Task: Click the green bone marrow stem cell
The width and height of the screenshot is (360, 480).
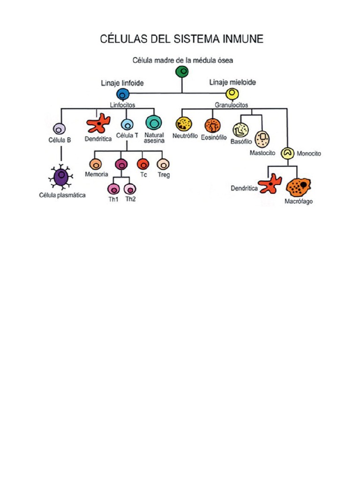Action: coord(182,72)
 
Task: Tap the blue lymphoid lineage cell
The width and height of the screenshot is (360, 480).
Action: coord(123,94)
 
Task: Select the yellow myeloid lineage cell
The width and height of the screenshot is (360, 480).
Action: coord(231,94)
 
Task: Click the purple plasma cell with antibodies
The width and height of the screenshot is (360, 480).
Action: coord(62,178)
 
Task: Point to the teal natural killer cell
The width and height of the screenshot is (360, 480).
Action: coord(153,123)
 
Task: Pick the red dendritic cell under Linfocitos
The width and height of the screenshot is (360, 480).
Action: coord(98,124)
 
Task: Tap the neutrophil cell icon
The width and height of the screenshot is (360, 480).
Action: coord(184,124)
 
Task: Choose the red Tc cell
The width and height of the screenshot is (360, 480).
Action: coord(142,164)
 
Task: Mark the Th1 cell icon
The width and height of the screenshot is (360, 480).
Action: coord(113,189)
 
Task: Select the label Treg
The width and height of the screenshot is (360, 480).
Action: coord(164,175)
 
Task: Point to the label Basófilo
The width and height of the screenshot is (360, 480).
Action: coord(241,142)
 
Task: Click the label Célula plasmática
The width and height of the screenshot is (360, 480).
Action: coord(62,195)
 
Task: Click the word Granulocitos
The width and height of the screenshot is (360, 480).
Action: coord(231,105)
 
